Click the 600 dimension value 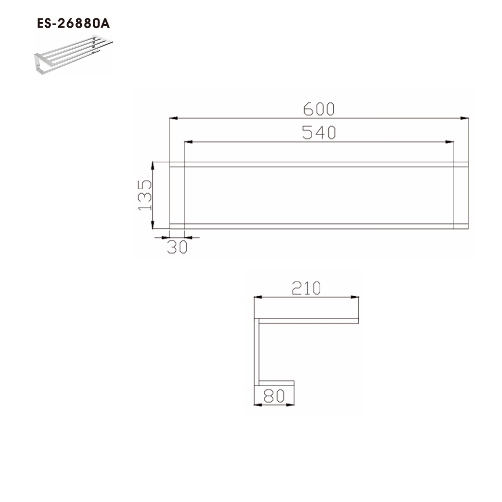coord(319,108)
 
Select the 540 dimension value coord(319,133)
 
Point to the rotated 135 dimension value coord(145,195)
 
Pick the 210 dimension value coord(306,288)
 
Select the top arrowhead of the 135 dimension coord(153,165)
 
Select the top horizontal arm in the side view coord(307,320)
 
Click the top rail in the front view coord(319,164)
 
